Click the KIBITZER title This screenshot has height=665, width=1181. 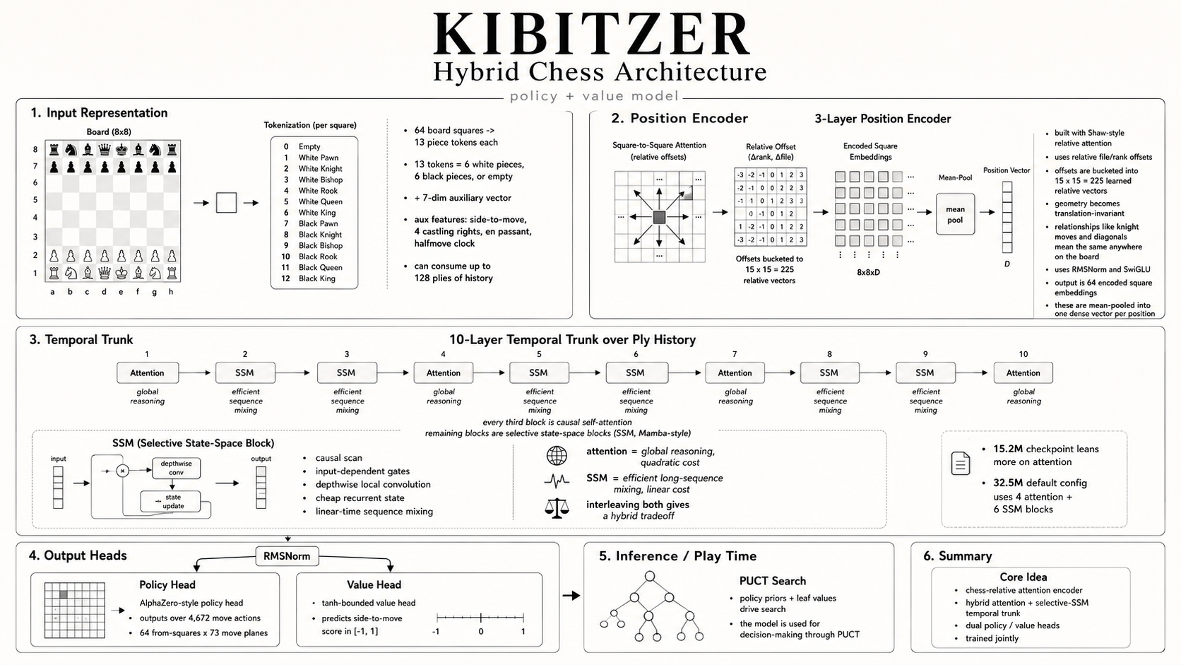[x=591, y=35]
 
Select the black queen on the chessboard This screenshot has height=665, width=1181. [x=105, y=150]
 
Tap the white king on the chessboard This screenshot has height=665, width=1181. [x=121, y=273]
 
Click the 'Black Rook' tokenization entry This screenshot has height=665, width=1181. [x=318, y=257]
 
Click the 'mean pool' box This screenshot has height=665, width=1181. [x=955, y=214]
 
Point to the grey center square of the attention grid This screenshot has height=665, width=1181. [x=659, y=217]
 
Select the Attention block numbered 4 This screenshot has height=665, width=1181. [x=443, y=373]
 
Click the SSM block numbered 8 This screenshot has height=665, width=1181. [x=829, y=373]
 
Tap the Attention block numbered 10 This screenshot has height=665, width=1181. [x=1023, y=373]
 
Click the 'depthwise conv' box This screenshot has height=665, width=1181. [x=176, y=468]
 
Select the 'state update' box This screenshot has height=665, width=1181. [x=171, y=502]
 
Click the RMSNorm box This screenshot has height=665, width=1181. [x=287, y=556]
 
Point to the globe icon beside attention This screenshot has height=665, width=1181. [x=557, y=456]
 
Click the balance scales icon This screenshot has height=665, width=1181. [x=557, y=508]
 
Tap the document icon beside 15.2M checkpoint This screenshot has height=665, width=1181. [x=960, y=464]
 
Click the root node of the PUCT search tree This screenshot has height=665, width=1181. [x=650, y=577]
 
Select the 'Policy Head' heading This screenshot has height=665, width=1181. [x=167, y=585]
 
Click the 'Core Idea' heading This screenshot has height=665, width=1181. [x=1023, y=577]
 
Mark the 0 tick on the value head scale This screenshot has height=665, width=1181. [x=481, y=618]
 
